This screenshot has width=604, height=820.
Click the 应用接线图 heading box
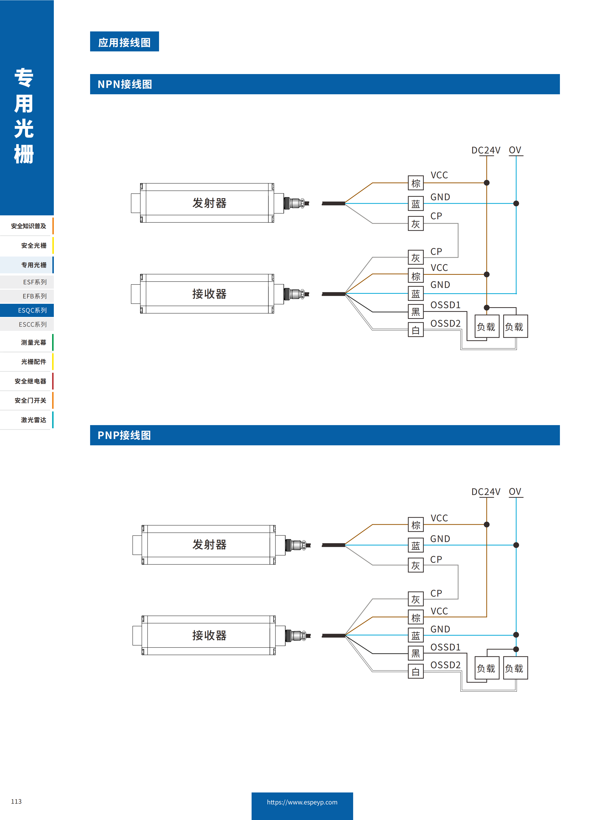pyautogui.click(x=124, y=42)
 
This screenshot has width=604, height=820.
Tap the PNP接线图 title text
pyautogui.click(x=124, y=435)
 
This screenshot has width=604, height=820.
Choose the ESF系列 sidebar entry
pyautogui.click(x=35, y=282)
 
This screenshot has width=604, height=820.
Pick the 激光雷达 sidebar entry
pyautogui.click(x=33, y=420)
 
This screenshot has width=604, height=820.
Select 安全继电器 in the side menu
pyautogui.click(x=30, y=381)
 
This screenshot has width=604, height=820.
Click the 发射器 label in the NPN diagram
pyautogui.click(x=209, y=203)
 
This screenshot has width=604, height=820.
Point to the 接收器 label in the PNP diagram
pyautogui.click(x=209, y=635)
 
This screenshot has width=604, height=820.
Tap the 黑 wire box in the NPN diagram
pyautogui.click(x=416, y=312)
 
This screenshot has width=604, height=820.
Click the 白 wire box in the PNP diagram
pyautogui.click(x=416, y=671)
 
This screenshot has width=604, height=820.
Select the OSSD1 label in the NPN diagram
pyautogui.click(x=445, y=305)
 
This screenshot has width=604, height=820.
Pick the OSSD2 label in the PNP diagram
pyautogui.click(x=445, y=665)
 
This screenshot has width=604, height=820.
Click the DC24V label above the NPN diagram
pyautogui.click(x=486, y=150)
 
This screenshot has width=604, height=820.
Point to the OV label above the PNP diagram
pyautogui.click(x=515, y=492)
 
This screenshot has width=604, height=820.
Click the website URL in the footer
pyautogui.click(x=302, y=802)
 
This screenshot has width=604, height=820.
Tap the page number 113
pyautogui.click(x=17, y=801)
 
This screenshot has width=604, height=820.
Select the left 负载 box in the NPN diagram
pyautogui.click(x=486, y=327)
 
